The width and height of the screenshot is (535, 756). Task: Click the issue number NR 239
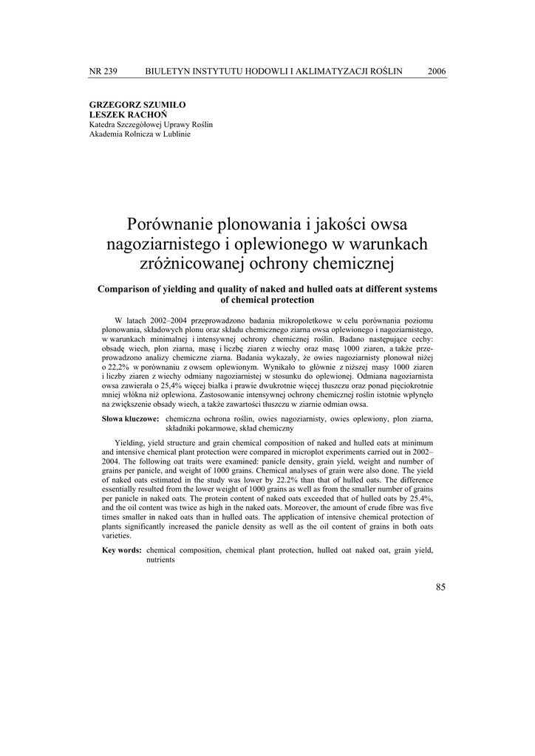[x=103, y=71]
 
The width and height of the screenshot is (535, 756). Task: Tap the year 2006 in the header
[x=437, y=71]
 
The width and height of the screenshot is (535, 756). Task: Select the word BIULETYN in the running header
[x=167, y=71]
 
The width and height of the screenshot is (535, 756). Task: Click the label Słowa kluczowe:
[x=131, y=419]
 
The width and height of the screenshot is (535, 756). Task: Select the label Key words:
[x=122, y=550]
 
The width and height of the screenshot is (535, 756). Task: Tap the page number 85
[x=440, y=587]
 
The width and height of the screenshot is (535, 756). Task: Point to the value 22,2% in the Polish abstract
[x=101, y=366]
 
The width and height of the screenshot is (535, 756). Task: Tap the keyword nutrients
[x=160, y=560]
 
